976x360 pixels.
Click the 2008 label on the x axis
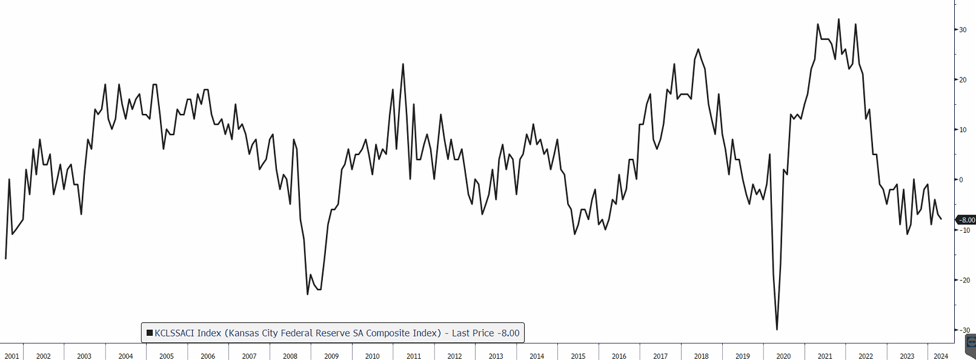(290, 356)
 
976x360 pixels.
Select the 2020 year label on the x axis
(783, 356)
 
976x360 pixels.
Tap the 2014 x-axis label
(537, 356)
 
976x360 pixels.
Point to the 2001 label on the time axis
(12, 356)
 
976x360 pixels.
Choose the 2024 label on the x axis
(941, 356)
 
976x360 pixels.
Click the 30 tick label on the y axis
(963, 30)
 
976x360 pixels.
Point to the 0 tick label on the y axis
(961, 180)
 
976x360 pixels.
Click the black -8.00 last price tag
(966, 220)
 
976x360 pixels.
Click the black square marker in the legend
(149, 333)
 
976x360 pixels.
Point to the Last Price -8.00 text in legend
(485, 333)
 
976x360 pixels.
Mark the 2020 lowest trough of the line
(777, 329)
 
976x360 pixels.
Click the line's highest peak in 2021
(838, 19)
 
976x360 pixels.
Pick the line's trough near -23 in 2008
(307, 294)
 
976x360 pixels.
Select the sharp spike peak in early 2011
(403, 64)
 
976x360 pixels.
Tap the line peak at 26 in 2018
(698, 50)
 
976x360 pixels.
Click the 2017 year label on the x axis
(660, 356)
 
